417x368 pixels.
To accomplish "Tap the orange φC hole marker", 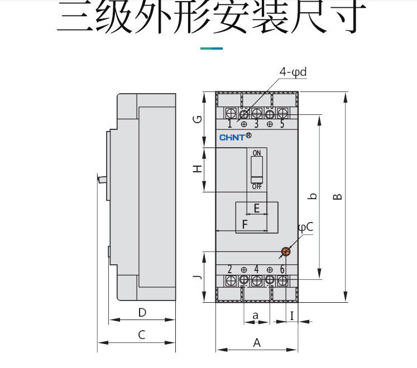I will [x=285, y=251].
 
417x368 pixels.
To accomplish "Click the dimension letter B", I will [x=337, y=196].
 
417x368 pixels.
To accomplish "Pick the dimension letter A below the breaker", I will [x=257, y=343].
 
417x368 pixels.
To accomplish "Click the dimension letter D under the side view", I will [x=142, y=313].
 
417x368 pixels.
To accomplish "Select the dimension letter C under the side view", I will [x=142, y=335].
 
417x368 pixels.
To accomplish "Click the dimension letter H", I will [x=197, y=168].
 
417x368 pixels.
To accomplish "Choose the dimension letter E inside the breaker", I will [x=257, y=209].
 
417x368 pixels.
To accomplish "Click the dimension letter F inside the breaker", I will [x=244, y=225].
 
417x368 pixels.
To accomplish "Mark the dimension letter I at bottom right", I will [x=292, y=315].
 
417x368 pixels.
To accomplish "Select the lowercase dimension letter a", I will [x=256, y=315].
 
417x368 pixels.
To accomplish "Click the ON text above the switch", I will [x=257, y=153].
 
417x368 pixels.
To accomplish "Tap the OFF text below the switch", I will [x=257, y=186].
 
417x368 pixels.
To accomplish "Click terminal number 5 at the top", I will [x=282, y=124].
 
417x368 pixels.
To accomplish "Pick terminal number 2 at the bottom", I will [x=230, y=269].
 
